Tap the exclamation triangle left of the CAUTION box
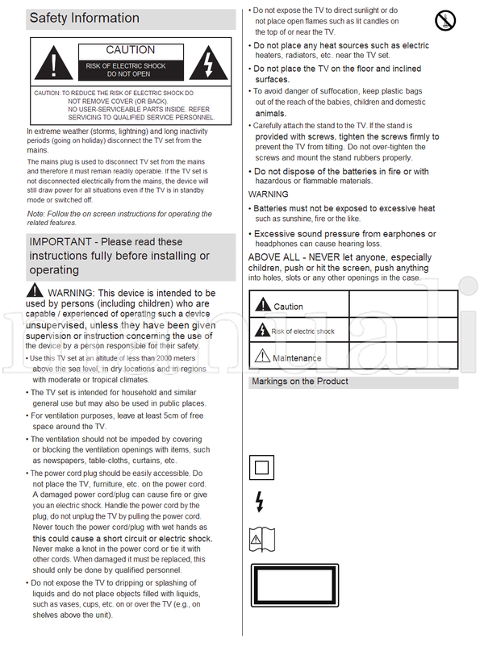coord(52,62)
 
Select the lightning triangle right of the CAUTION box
coord(208,62)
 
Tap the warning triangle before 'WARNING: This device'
coord(35,290)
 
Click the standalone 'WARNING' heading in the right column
coord(268,194)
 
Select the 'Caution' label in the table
coord(288,307)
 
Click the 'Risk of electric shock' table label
coord(302,332)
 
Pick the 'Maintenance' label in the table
coord(296,358)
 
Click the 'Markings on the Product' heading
coord(300,382)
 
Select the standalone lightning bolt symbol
coord(259,501)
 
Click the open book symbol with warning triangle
coord(262,538)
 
